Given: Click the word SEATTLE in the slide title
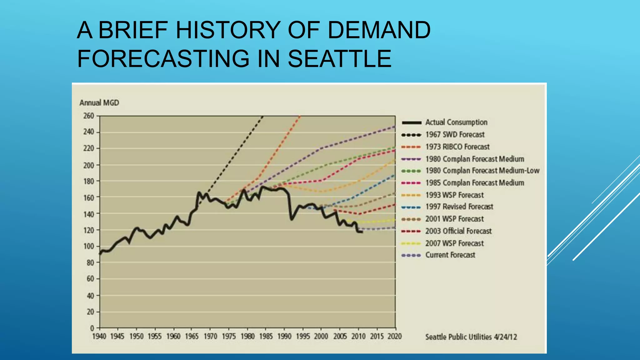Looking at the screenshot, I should [x=339, y=59].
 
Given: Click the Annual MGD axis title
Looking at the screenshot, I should [x=99, y=103].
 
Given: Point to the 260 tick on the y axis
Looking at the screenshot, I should [x=89, y=116].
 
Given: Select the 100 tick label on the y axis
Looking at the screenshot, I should [x=89, y=246].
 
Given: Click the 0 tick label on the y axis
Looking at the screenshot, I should [x=92, y=328].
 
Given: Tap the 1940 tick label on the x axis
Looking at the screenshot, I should [x=99, y=337].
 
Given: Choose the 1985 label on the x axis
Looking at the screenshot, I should [x=266, y=337].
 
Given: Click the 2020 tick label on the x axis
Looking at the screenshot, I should [x=395, y=337].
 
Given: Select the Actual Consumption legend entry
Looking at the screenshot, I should [x=456, y=122].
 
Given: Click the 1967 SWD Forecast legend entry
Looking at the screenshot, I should [x=455, y=135].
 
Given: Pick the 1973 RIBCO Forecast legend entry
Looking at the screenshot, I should [x=457, y=147].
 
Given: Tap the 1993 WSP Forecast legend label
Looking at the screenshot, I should [x=454, y=195].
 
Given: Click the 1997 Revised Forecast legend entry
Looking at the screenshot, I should [x=459, y=207].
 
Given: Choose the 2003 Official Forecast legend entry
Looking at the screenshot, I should [x=458, y=231].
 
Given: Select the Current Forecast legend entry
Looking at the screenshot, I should [x=450, y=255].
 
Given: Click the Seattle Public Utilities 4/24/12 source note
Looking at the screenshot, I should [x=471, y=337].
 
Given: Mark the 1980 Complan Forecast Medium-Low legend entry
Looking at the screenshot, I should [x=482, y=171].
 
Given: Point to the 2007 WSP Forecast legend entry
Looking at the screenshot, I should [x=454, y=243].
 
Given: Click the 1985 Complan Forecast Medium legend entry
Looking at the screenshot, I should [x=474, y=183].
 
